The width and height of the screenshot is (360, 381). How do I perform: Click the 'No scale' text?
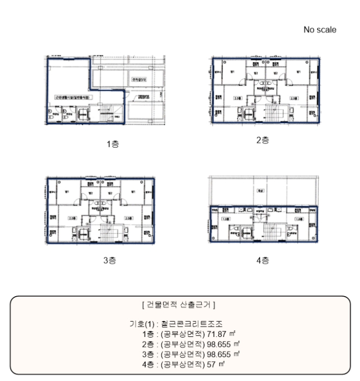click(320, 30)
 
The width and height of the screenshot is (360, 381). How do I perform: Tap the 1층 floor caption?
click(113, 144)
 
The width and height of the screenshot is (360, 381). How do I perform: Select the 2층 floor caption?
click(263, 140)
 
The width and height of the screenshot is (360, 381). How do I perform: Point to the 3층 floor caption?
click(110, 260)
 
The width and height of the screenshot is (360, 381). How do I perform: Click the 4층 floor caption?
click(263, 260)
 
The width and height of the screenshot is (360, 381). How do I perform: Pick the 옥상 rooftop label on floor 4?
click(259, 190)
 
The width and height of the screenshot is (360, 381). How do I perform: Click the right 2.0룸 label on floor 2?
click(294, 99)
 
